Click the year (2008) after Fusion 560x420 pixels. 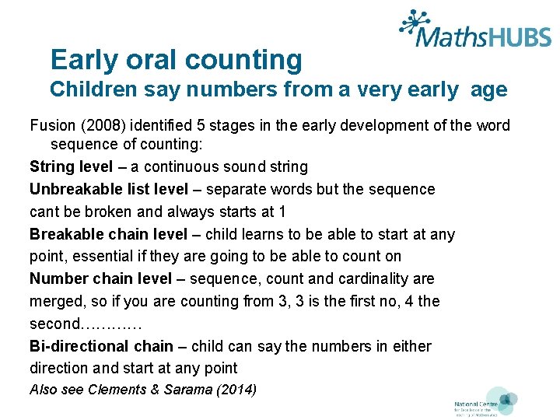tap(102, 126)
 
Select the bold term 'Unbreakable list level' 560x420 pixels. tap(109, 189)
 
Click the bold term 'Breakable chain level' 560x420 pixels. tap(108, 234)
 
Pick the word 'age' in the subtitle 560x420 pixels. tap(488, 90)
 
